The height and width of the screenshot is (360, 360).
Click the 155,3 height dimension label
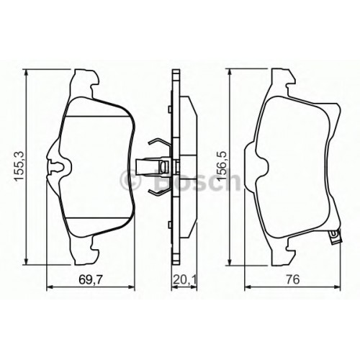19,166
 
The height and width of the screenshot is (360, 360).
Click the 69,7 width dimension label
91,280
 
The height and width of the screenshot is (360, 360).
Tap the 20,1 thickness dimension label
184,280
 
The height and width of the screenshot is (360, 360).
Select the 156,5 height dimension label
222,166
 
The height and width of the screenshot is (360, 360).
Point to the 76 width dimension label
292,280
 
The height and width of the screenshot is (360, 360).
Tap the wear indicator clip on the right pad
335,237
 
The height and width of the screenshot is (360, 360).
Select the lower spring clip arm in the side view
159,192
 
